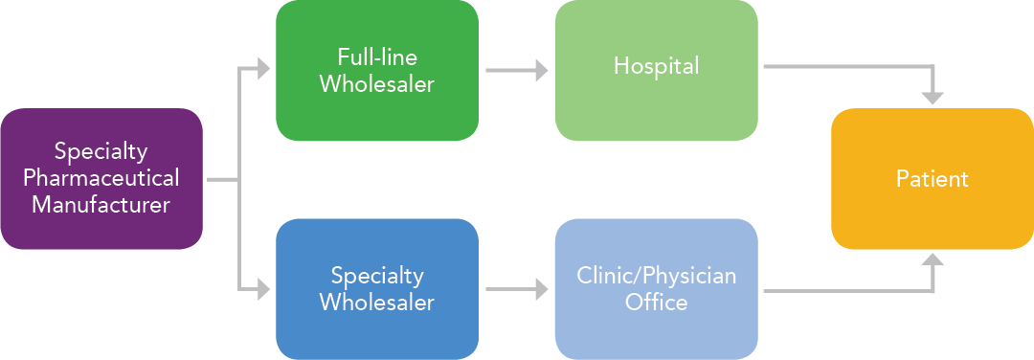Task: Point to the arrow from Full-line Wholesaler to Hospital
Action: (x=515, y=70)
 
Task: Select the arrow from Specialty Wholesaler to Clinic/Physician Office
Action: (x=515, y=288)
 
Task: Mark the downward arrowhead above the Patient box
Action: (x=932, y=97)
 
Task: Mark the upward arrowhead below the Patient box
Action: (x=932, y=261)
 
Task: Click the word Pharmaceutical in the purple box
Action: (x=101, y=178)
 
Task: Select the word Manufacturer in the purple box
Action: (x=101, y=204)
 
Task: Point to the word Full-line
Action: (x=376, y=56)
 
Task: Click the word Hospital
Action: (x=656, y=66)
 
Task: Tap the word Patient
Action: (x=932, y=179)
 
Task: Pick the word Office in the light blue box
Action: (x=656, y=303)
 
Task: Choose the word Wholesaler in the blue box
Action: (x=376, y=303)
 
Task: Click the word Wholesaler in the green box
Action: (x=376, y=84)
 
